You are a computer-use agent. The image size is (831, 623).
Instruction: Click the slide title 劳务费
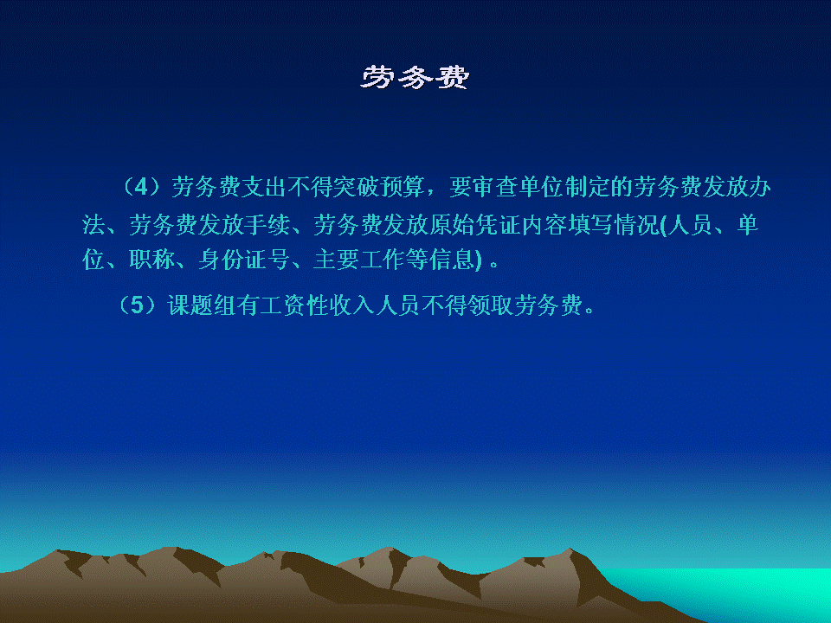tap(415, 77)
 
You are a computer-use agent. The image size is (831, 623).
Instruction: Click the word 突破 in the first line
tap(345, 187)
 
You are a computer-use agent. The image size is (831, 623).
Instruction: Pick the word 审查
tap(484, 187)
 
